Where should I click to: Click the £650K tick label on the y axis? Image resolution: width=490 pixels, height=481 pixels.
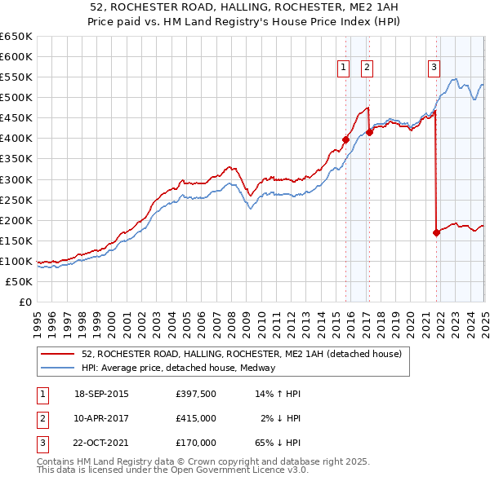(16, 37)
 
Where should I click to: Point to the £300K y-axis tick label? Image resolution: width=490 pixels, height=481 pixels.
(16, 179)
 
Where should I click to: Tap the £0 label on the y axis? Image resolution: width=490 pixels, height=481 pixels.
(25, 302)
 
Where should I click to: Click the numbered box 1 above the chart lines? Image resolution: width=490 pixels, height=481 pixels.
(343, 68)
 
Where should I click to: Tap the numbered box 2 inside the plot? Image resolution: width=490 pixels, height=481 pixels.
(367, 68)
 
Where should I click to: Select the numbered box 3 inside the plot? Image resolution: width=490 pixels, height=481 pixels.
(434, 68)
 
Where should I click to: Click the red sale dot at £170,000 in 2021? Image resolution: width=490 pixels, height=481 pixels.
(436, 232)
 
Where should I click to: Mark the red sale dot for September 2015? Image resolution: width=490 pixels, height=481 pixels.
(345, 139)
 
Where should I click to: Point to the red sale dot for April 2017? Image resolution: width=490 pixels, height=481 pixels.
(369, 132)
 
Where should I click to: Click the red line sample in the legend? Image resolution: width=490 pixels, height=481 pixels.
(59, 355)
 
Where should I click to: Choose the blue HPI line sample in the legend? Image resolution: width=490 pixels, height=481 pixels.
(59, 368)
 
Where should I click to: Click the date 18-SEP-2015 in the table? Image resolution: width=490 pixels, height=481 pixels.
(101, 394)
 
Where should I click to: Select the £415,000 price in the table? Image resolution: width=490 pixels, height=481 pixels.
(196, 418)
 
